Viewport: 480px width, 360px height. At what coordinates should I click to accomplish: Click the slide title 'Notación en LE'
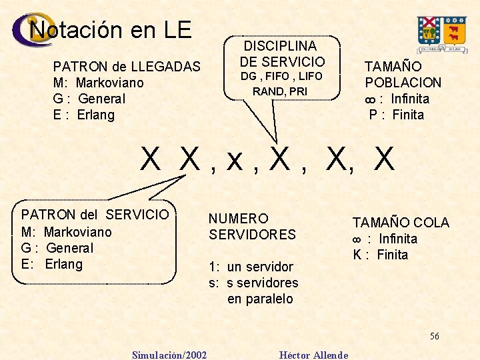(x=111, y=30)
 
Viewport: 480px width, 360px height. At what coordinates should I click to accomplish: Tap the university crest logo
(x=441, y=34)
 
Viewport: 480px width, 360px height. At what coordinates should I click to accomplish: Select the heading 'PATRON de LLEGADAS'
(x=127, y=67)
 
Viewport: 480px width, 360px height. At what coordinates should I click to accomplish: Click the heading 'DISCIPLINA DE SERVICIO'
(x=281, y=54)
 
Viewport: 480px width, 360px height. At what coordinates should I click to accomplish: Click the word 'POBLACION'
(x=403, y=83)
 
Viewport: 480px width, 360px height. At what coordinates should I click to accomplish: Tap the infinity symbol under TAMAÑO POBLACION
(x=371, y=99)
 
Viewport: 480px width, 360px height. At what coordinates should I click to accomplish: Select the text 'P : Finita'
(x=397, y=115)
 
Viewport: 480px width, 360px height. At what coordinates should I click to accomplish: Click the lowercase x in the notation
(x=234, y=160)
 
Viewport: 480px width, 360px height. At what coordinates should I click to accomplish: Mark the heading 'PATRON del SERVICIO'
(x=95, y=215)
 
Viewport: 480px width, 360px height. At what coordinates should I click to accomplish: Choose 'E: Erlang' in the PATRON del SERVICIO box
(x=52, y=264)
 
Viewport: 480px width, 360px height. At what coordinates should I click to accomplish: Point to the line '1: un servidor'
(x=251, y=267)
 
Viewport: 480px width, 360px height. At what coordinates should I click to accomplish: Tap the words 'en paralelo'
(x=260, y=299)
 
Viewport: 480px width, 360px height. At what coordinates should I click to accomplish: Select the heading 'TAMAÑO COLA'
(x=401, y=223)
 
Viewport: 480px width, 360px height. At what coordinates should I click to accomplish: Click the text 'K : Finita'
(x=380, y=255)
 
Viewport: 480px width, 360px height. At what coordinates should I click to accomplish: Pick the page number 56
(x=434, y=336)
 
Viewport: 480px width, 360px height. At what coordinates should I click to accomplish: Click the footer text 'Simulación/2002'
(x=169, y=355)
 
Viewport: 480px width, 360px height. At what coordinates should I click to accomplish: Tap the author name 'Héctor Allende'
(x=313, y=355)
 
